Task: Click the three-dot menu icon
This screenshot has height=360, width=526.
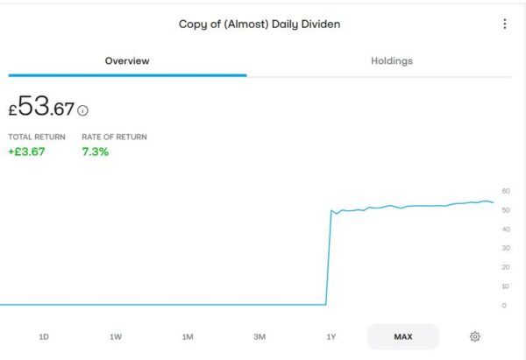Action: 504,25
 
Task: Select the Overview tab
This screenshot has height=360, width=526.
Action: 127,61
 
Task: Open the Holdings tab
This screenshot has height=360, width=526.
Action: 392,61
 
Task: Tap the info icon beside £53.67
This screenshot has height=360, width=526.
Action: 83,111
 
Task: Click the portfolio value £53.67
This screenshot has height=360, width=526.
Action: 42,109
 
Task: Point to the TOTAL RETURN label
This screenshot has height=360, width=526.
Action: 37,138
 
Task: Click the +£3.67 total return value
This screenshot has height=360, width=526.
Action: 26,152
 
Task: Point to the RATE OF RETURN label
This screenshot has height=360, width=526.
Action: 114,138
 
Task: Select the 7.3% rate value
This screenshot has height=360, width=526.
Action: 96,152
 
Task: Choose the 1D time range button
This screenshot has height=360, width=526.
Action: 44,336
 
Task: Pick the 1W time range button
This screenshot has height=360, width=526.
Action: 116,336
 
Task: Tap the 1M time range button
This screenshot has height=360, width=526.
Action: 188,336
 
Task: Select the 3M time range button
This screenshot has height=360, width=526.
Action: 259,336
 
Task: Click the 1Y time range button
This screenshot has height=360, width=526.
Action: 331,336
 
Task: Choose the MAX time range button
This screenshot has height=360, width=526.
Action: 403,336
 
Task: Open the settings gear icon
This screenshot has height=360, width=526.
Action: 475,336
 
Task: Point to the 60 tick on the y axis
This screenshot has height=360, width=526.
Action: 506,191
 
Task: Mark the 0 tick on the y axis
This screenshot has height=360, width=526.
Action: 504,306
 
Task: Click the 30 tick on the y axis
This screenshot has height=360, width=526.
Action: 506,249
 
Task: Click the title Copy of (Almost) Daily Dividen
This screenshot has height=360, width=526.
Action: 259,25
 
